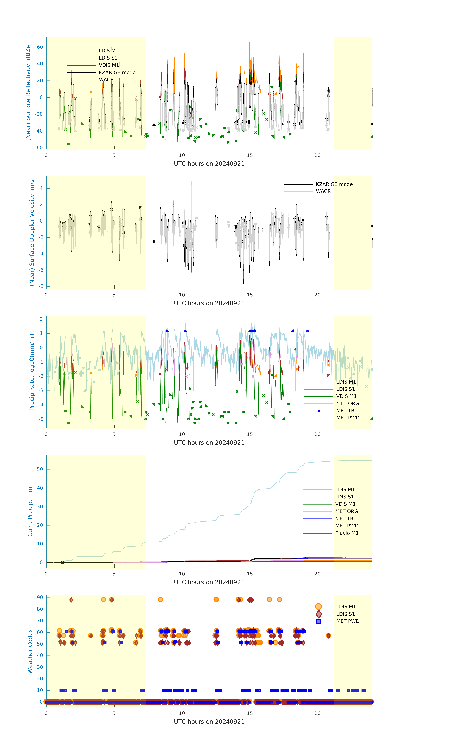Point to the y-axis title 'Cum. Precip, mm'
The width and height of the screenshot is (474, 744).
click(x=30, y=511)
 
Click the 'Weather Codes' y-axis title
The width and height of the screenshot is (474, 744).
click(x=30, y=651)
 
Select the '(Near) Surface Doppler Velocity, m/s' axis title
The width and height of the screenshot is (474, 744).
click(x=32, y=233)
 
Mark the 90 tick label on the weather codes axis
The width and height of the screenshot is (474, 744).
click(x=40, y=597)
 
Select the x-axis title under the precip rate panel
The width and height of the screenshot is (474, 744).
click(x=209, y=442)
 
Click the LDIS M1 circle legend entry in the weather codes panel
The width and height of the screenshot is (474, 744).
click(x=346, y=606)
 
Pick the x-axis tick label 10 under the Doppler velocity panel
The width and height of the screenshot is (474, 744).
click(x=182, y=295)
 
